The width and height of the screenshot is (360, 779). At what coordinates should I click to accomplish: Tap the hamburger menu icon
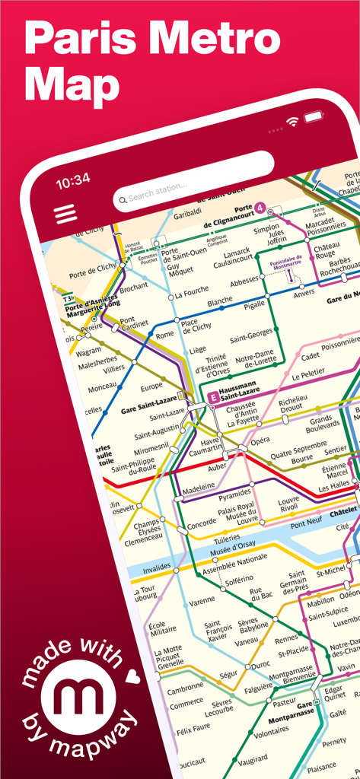click(66, 213)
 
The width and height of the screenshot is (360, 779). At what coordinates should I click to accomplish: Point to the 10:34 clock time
click(73, 180)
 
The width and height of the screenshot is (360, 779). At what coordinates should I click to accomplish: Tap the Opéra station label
click(260, 440)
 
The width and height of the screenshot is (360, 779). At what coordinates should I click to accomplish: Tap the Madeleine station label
click(197, 487)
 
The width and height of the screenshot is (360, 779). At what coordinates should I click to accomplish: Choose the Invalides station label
click(156, 568)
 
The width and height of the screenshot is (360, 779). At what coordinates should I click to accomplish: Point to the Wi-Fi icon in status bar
click(292, 122)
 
